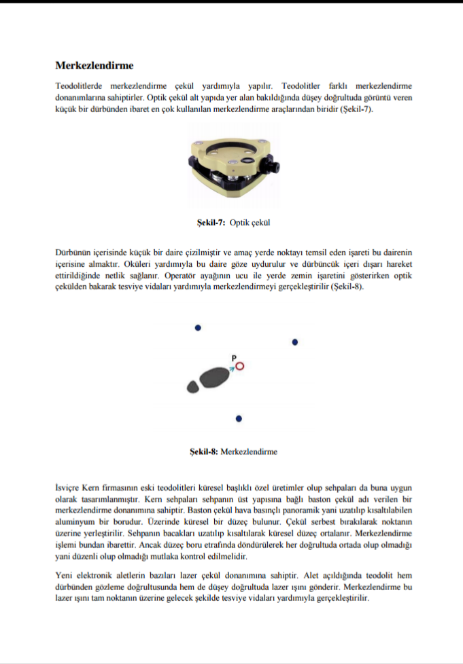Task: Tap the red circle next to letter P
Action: pos(239,367)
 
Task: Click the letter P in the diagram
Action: pos(234,357)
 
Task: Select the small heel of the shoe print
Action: pos(193,388)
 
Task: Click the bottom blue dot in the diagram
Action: pos(239,419)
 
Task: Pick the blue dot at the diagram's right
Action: pos(295,342)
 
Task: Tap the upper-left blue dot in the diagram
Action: pos(198,327)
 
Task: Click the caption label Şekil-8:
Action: pos(203,451)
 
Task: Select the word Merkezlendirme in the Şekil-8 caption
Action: pos(250,451)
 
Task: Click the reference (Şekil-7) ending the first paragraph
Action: pos(357,108)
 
